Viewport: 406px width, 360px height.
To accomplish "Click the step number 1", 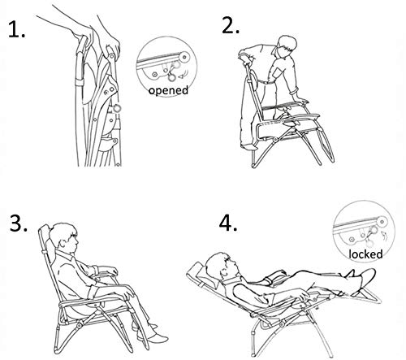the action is tap(17, 30).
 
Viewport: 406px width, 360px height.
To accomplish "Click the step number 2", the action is tap(231, 25).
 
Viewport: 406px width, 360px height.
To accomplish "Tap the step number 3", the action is tap(19, 223).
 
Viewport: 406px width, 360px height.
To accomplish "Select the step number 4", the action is tap(228, 223).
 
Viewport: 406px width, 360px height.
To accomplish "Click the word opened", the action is tap(168, 90).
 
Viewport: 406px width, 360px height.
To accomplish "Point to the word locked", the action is tap(365, 254).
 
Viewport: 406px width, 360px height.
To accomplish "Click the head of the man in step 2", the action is tap(287, 46).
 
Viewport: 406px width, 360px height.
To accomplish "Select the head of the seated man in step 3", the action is tap(64, 238).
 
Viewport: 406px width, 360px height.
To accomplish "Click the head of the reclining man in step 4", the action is tap(222, 266).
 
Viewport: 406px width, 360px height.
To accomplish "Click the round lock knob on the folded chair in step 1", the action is tap(117, 108).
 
